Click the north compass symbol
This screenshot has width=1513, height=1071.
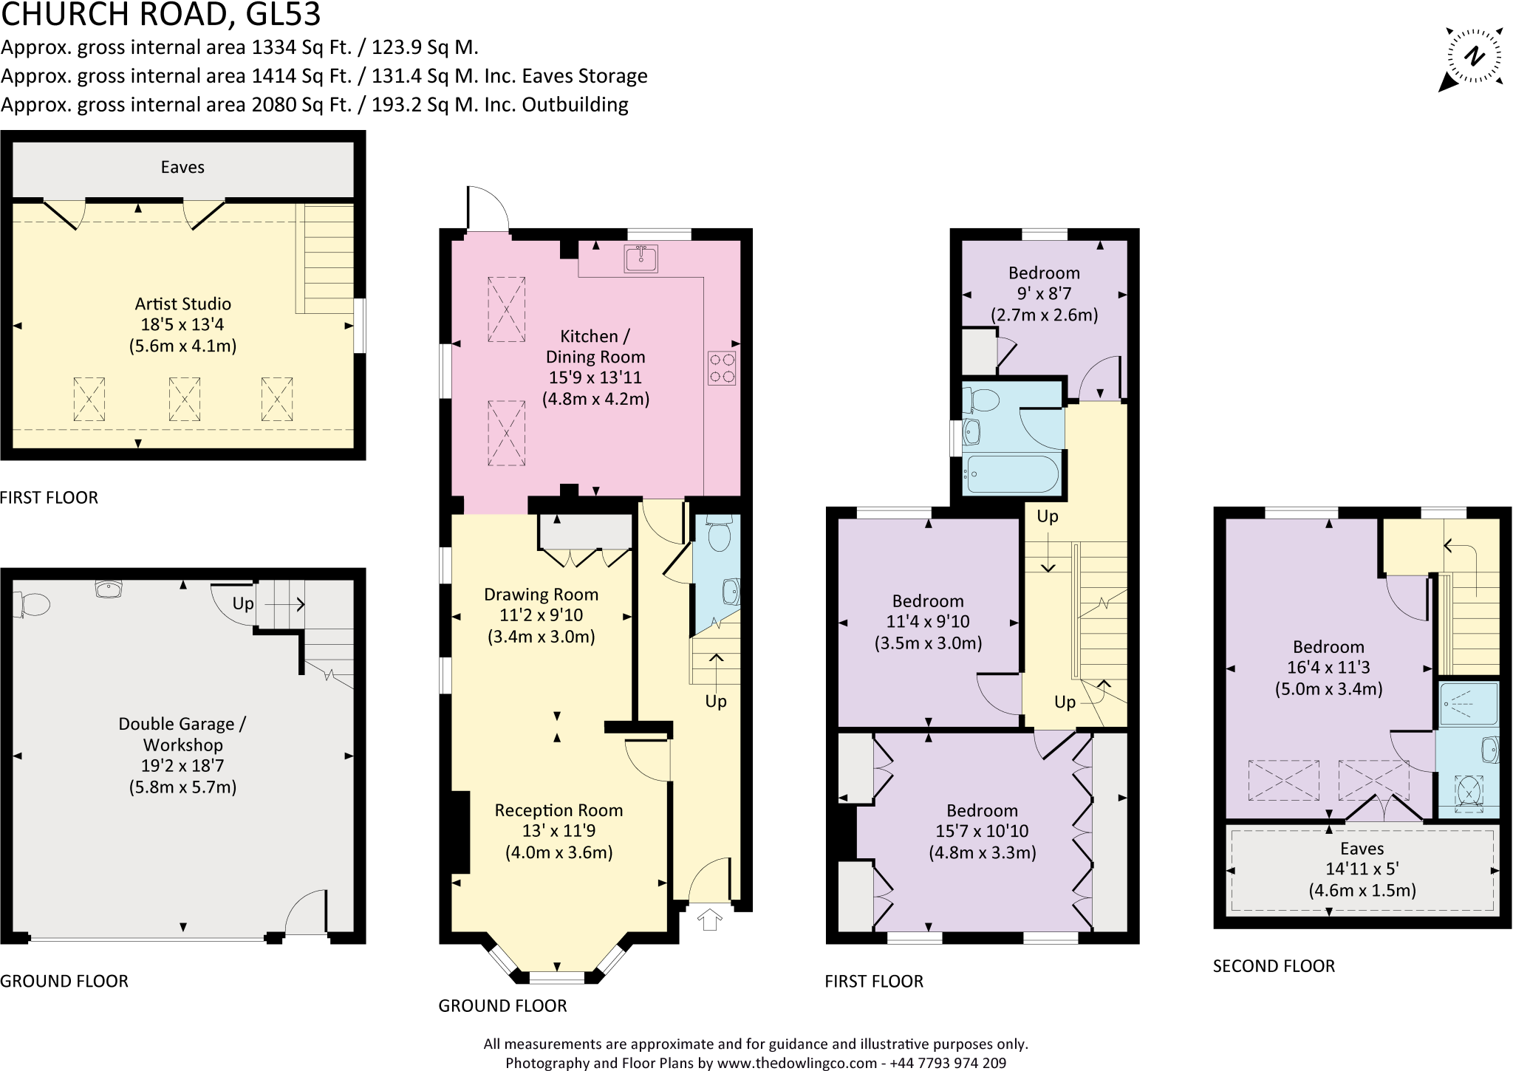point(1474,58)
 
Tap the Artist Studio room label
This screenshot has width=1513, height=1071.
point(182,304)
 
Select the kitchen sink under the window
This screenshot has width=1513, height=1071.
point(641,259)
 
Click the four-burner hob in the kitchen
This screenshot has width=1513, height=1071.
point(722,368)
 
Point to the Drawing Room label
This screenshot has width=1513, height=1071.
point(541,595)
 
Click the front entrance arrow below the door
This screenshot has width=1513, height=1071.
point(709,920)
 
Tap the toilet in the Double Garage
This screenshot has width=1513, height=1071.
point(32,604)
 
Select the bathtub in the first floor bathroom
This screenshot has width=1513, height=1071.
point(1012,473)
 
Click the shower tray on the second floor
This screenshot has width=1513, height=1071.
point(1468,703)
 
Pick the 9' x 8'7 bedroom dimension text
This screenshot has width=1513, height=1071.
point(1044,294)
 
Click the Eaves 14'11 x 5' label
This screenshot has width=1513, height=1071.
point(1362,869)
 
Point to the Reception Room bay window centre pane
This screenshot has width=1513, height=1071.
point(557,978)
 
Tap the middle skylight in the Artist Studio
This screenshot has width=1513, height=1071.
point(185,399)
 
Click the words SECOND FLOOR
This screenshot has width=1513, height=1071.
point(1274,966)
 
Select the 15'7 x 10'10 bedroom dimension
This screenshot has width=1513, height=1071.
point(982,832)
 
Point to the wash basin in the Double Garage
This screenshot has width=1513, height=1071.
point(109,589)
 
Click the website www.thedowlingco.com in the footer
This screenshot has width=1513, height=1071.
point(796,1063)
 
